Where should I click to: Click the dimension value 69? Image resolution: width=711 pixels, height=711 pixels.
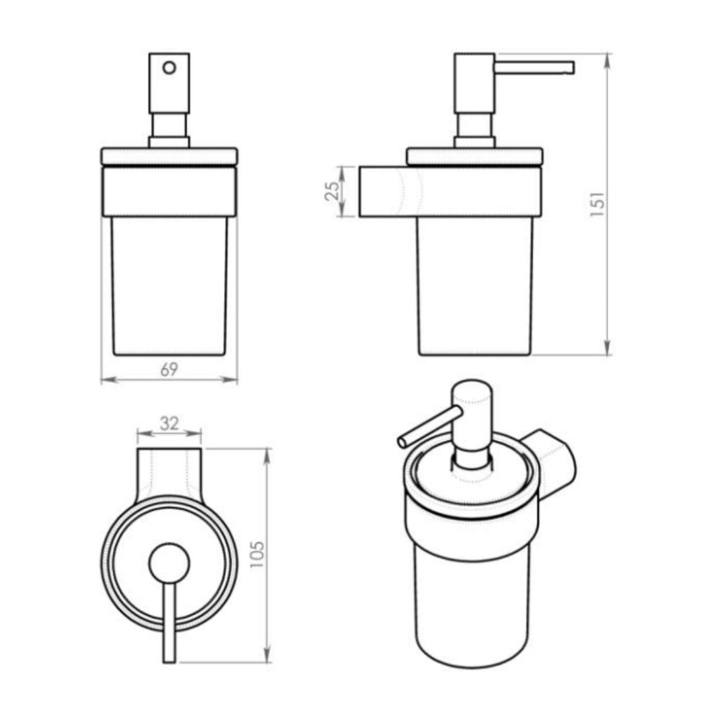click(169, 370)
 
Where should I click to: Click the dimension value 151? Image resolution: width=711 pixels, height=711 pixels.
click(597, 205)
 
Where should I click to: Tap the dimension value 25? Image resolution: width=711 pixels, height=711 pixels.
click(332, 191)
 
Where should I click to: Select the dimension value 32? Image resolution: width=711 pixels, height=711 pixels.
click(169, 423)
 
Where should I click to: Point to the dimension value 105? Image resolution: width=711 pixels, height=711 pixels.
click(257, 555)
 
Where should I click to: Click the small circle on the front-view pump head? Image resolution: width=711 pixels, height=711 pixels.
click(170, 67)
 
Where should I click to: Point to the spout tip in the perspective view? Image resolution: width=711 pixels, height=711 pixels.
click(402, 442)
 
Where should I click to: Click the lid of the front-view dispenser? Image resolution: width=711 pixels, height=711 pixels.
click(169, 156)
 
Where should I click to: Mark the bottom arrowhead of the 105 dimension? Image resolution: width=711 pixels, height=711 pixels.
click(267, 656)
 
